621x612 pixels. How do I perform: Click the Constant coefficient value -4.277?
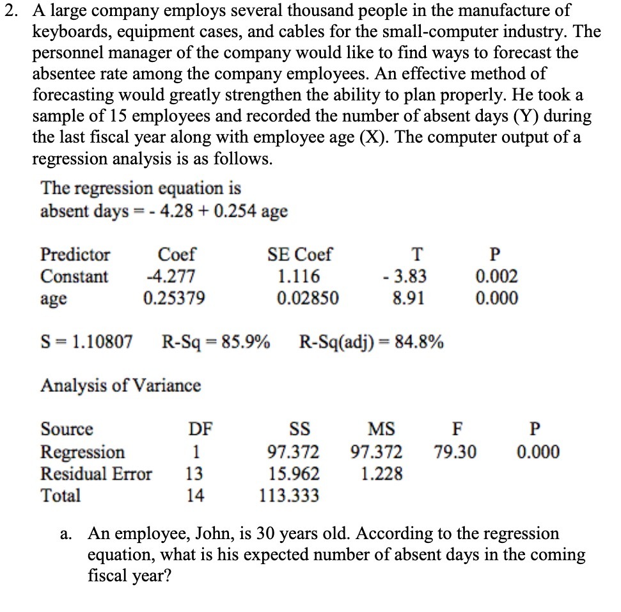169,277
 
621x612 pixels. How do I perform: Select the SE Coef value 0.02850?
308,299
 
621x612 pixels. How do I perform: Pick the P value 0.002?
497,277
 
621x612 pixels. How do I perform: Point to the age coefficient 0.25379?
175,299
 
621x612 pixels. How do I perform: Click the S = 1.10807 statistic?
87,342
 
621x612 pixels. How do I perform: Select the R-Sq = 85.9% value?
216,342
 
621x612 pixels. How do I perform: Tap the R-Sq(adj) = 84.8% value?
372,342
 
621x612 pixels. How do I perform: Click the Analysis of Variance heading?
121,386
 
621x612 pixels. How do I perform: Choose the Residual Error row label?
97,474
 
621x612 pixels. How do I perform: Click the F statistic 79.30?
455,452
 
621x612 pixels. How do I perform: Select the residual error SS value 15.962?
293,474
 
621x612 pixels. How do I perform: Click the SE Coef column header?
299,255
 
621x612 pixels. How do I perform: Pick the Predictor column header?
75,255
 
